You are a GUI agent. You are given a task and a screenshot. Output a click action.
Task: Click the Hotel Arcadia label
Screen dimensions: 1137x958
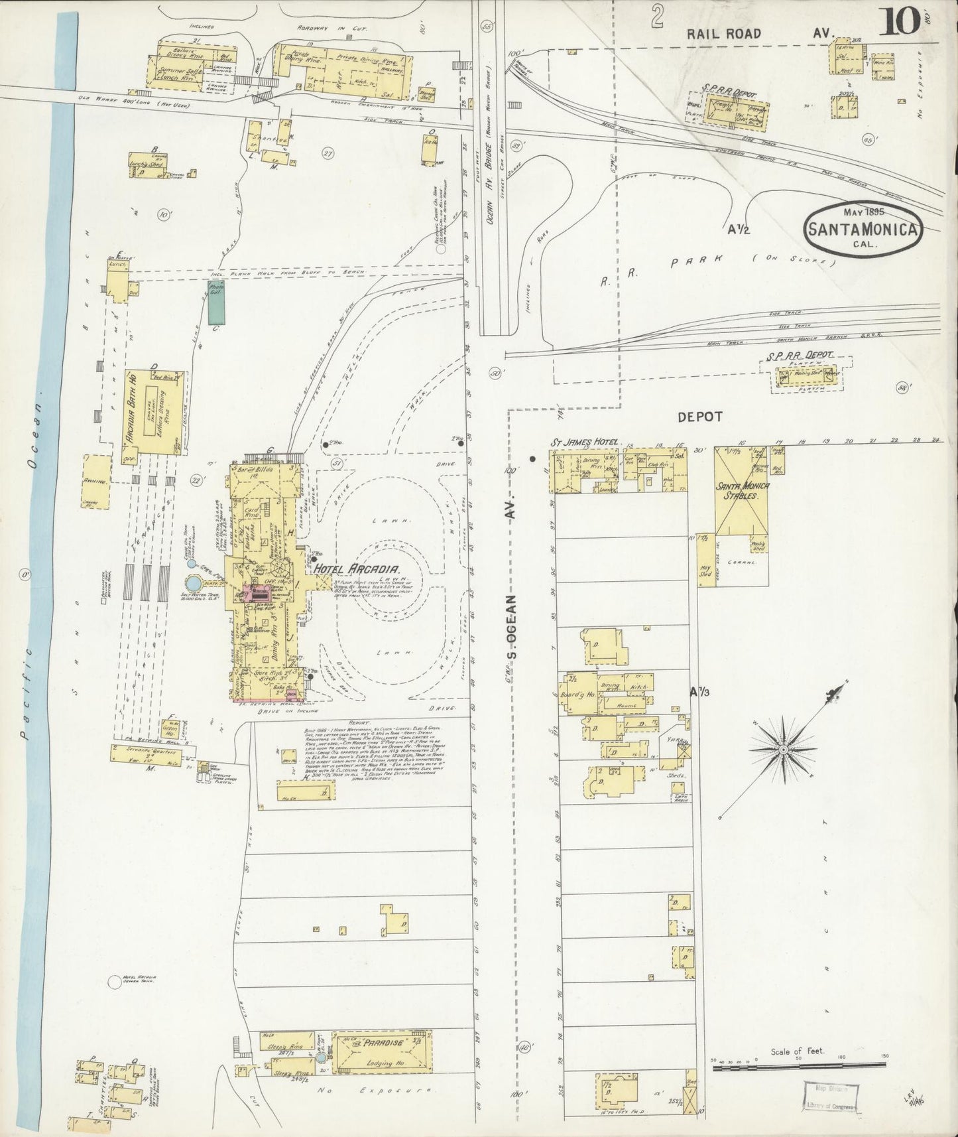(x=355, y=570)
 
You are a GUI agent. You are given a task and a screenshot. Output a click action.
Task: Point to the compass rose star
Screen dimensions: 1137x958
(x=784, y=749)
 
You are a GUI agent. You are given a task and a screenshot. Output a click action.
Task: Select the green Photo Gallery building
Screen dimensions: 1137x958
(x=215, y=302)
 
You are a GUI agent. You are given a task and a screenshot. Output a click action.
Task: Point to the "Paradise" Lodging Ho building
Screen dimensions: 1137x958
(x=381, y=1053)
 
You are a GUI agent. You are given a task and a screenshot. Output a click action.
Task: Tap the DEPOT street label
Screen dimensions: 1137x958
(x=699, y=417)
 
